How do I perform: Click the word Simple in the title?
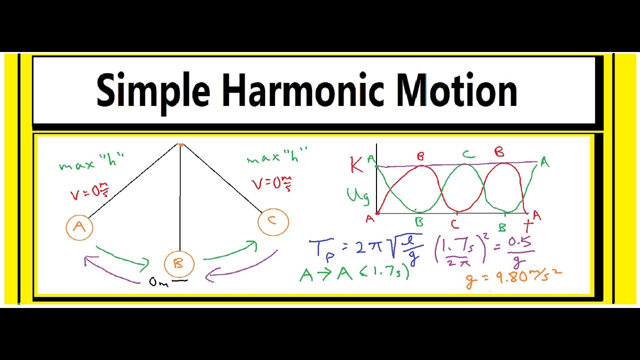click(153, 90)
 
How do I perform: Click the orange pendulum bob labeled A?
click(79, 227)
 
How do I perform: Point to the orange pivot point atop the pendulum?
click(181, 145)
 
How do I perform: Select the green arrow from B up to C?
click(231, 251)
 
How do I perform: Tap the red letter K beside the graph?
click(356, 165)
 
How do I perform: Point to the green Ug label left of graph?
click(358, 196)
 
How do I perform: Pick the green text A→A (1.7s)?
click(354, 273)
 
